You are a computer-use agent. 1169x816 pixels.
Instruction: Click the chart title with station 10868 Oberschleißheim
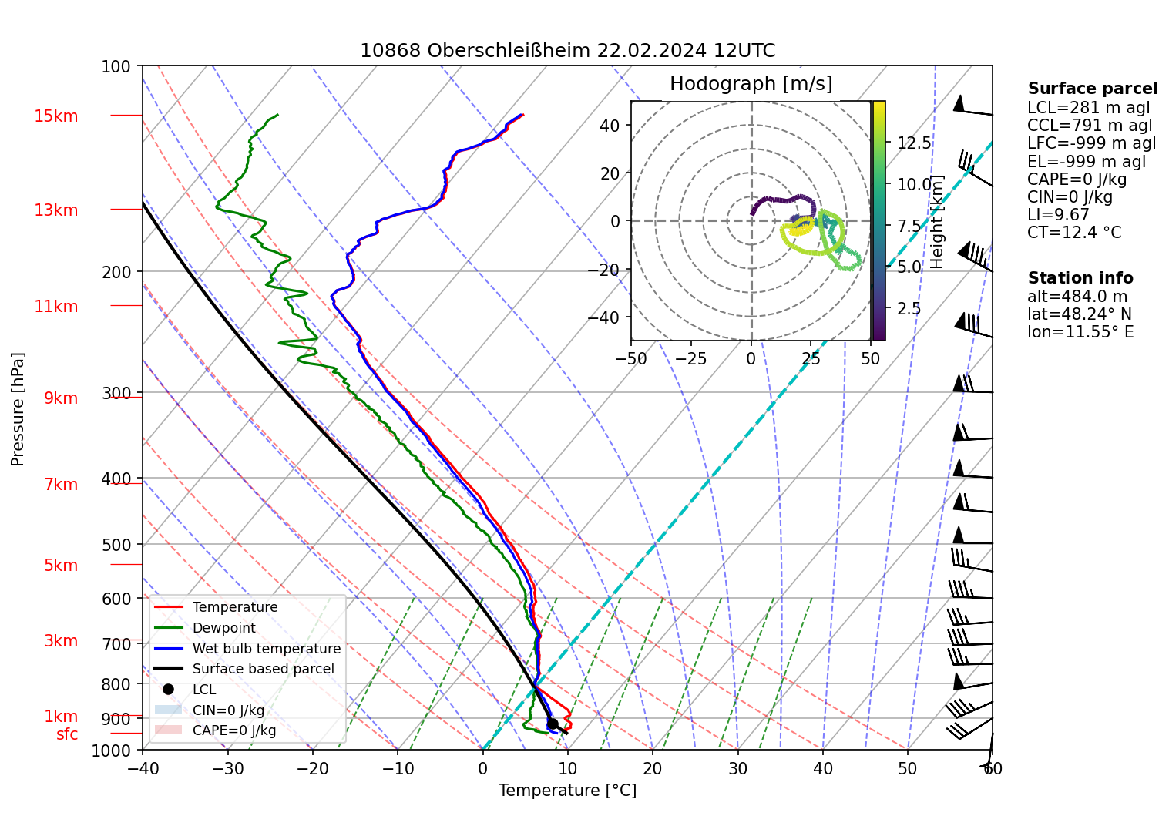point(568,51)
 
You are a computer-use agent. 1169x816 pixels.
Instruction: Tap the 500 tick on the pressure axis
point(116,545)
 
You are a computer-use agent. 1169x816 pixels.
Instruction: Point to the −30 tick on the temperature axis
point(227,768)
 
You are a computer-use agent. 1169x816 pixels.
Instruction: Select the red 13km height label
point(55,210)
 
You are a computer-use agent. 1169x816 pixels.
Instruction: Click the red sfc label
point(67,734)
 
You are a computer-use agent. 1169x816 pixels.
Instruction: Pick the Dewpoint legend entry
point(224,628)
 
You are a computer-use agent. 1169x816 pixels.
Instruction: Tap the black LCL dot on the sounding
point(553,724)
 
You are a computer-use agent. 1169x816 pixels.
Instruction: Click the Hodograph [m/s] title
point(751,83)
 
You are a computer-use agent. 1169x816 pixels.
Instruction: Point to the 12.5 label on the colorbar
point(914,143)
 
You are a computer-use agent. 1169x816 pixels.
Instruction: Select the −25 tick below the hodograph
point(690,359)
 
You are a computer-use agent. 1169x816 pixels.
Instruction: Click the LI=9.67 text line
point(1058,214)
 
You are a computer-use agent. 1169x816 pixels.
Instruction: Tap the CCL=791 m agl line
point(1090,126)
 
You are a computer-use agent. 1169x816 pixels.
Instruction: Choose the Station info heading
point(1080,277)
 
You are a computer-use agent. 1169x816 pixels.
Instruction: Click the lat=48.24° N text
point(1080,314)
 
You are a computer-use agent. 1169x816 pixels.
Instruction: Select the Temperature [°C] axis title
point(567,791)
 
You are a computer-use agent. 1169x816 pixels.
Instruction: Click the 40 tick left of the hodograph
point(609,126)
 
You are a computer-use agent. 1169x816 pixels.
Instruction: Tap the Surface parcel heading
point(1093,88)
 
